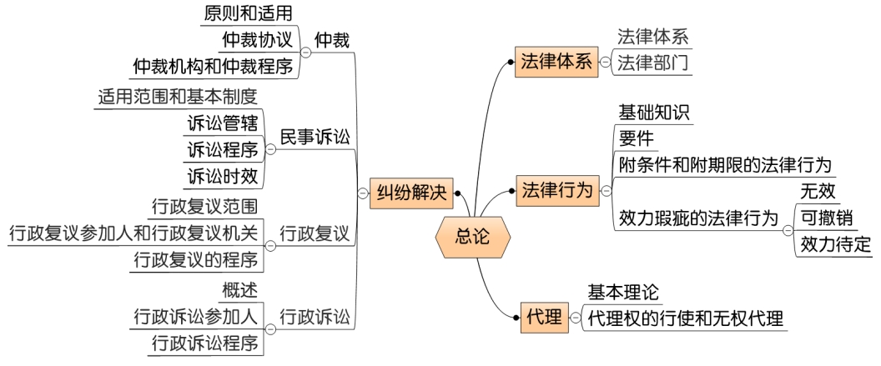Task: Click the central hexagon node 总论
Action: click(473, 236)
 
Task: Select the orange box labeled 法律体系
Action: click(555, 63)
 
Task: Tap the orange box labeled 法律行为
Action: click(555, 191)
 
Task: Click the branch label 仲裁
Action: click(331, 39)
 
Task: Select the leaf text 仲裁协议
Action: click(256, 39)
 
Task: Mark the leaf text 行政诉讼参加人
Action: click(196, 316)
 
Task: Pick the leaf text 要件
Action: click(636, 138)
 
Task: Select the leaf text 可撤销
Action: click(826, 218)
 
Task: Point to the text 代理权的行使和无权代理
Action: click(686, 318)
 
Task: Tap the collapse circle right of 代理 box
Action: click(574, 318)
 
